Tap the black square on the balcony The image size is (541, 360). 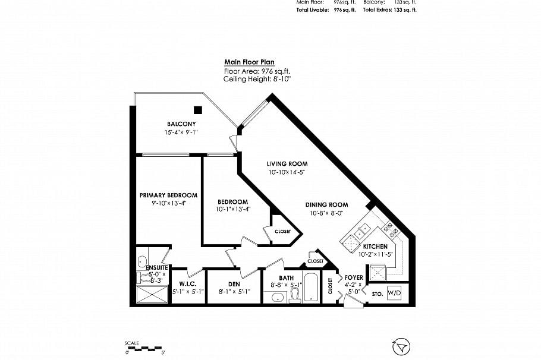198,109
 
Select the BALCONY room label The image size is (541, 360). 181,124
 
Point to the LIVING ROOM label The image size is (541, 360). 286,163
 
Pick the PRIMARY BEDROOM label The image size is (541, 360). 168,195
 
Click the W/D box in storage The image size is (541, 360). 394,293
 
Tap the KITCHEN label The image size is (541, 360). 375,246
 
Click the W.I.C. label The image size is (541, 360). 188,284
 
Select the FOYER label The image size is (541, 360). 354,277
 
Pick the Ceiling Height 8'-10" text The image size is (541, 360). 257,78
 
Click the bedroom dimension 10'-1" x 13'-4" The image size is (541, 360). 232,209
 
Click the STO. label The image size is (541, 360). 377,293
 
